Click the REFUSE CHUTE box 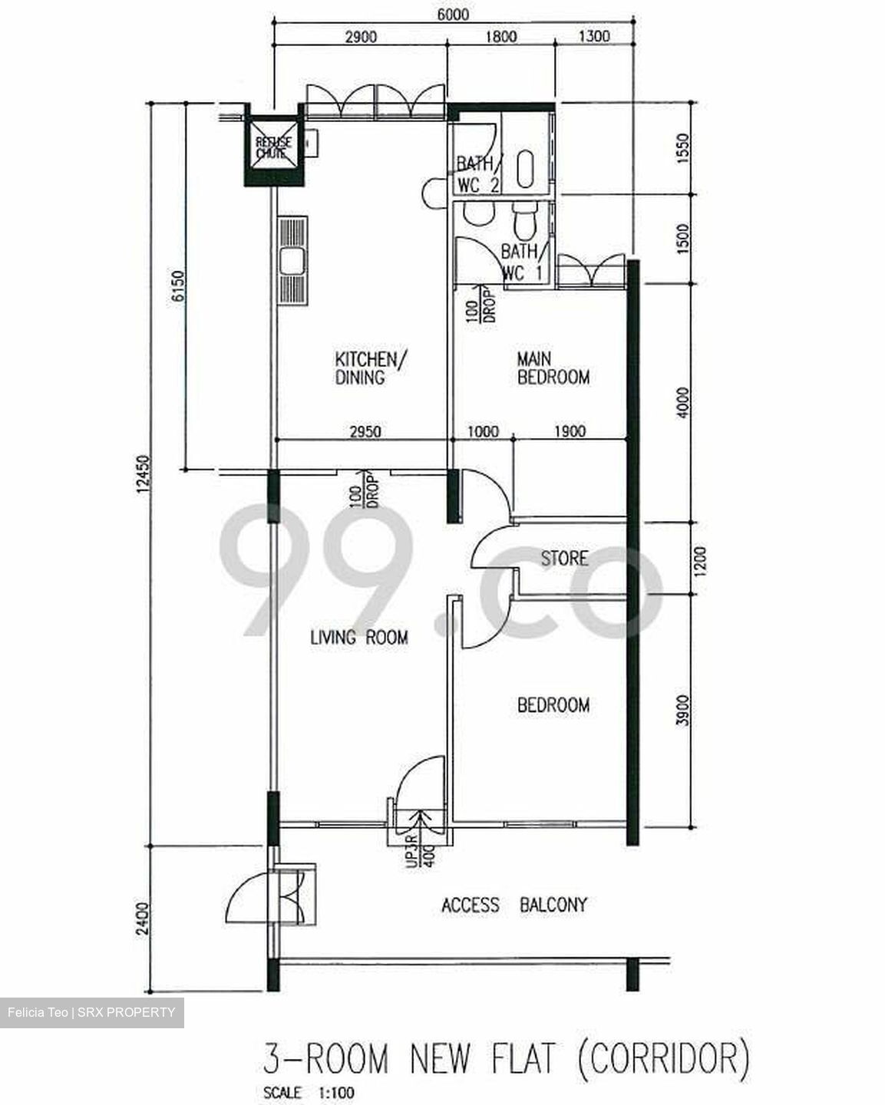tap(273, 147)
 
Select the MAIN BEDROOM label tap(553, 368)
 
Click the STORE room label tap(564, 559)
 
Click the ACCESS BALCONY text tap(513, 905)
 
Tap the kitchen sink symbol tap(293, 262)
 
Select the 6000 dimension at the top tap(451, 14)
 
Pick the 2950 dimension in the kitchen tap(365, 431)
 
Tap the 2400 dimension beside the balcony tap(141, 919)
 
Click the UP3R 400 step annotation tap(420, 849)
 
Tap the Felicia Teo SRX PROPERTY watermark tap(91, 1012)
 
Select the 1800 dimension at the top tap(501, 36)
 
